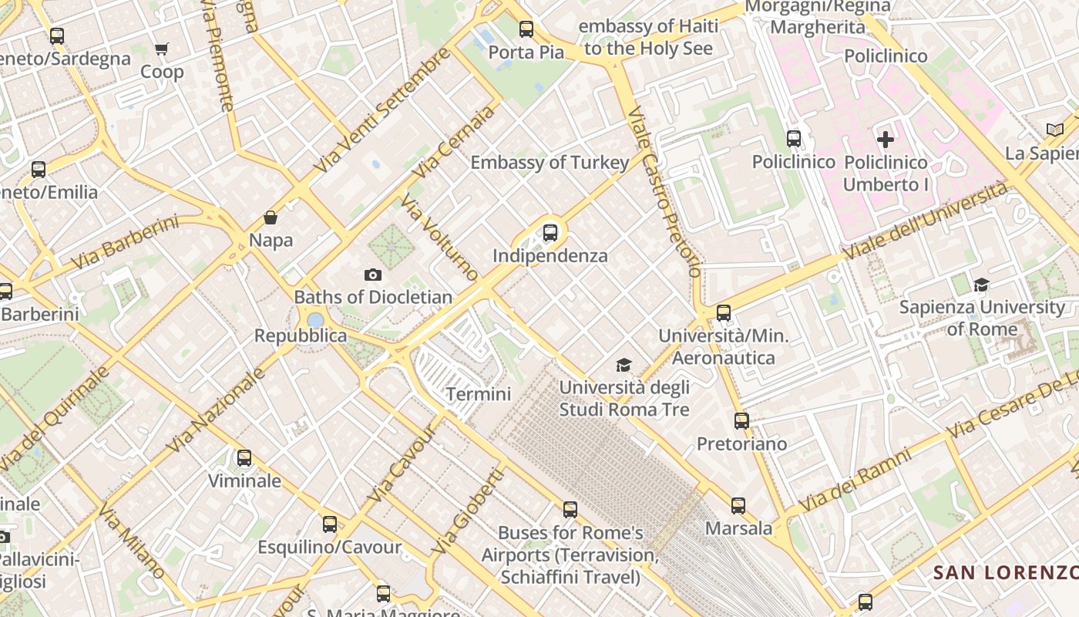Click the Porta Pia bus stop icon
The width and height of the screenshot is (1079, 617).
pos(526,29)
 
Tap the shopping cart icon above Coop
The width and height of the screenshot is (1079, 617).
pos(162,49)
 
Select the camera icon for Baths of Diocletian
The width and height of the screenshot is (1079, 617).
pos(373,275)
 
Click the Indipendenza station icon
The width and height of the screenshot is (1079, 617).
pos(550,232)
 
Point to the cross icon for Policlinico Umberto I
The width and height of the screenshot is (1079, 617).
pos(886,140)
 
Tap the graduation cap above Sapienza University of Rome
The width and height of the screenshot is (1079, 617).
pos(981,285)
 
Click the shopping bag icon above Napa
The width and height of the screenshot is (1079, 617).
pos(271,217)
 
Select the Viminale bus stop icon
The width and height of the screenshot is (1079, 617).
pos(244,458)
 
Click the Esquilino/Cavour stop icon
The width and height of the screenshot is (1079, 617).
pos(330,524)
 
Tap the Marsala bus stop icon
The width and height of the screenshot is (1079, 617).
pos(738,506)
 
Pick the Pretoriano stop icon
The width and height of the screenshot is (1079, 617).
pos(741,421)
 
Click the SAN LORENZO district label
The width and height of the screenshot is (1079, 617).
pos(1005,573)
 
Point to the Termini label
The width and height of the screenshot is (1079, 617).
pos(479,394)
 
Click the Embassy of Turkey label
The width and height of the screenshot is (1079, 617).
pos(550,163)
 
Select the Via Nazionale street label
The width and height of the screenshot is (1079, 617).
pos(215,410)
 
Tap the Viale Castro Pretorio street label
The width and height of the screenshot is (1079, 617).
pos(664,192)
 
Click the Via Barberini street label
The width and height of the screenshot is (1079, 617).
pos(124,243)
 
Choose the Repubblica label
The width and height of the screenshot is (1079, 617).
pos(301,336)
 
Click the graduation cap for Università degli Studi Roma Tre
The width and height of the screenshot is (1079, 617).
pos(624,365)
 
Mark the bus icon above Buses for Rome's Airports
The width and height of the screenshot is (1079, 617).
pos(570,510)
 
